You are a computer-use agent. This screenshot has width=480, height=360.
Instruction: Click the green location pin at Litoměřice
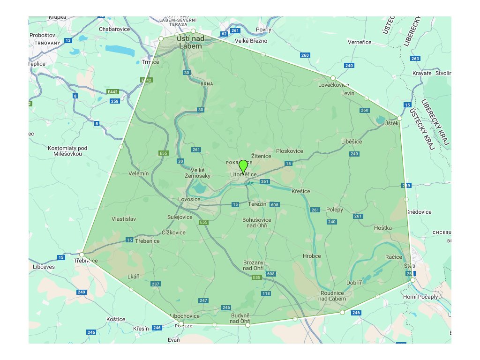point(243,166)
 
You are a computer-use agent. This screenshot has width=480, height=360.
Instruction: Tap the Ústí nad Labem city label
point(190,43)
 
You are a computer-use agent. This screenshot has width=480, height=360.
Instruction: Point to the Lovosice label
point(189,199)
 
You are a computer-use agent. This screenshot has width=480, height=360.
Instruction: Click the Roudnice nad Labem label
point(332,296)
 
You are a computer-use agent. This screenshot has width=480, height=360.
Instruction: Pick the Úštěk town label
point(391,123)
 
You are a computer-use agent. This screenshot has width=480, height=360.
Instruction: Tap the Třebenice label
point(147,241)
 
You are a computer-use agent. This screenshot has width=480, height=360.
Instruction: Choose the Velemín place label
point(138,173)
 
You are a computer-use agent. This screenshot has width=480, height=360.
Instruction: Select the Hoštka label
point(383,228)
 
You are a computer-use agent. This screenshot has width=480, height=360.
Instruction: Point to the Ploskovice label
point(290,151)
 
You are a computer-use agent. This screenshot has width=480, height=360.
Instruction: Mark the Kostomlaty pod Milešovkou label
point(68,151)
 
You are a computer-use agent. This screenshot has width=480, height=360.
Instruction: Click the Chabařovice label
point(114,29)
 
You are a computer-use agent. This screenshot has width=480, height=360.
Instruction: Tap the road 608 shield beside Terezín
point(275,205)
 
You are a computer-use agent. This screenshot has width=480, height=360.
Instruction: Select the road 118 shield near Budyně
point(266,293)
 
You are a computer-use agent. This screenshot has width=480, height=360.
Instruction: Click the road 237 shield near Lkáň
point(156,284)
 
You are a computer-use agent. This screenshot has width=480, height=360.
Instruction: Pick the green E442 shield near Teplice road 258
point(112,91)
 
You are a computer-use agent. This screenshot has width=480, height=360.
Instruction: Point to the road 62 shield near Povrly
point(224,34)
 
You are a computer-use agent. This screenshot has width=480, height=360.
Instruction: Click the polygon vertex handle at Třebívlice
point(82,255)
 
